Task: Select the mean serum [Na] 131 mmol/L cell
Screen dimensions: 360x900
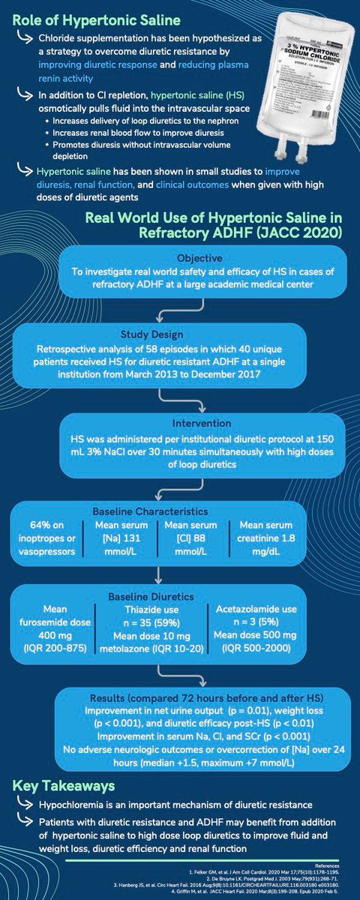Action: coord(126,534)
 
